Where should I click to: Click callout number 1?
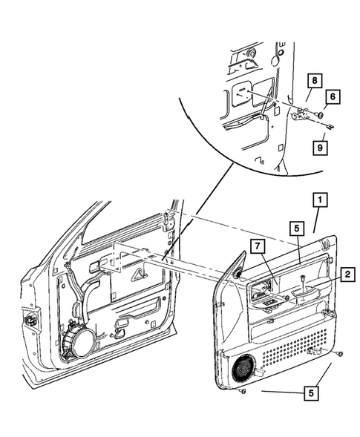318,200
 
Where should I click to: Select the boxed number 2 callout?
345,275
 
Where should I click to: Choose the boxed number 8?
315,80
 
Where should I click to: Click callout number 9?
319,148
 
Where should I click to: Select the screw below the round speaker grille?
243,390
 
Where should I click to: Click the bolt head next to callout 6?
319,114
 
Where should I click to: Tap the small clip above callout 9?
329,126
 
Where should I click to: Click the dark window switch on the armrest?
264,300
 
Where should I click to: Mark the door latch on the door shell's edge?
31,321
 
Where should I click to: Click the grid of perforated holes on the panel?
292,344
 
